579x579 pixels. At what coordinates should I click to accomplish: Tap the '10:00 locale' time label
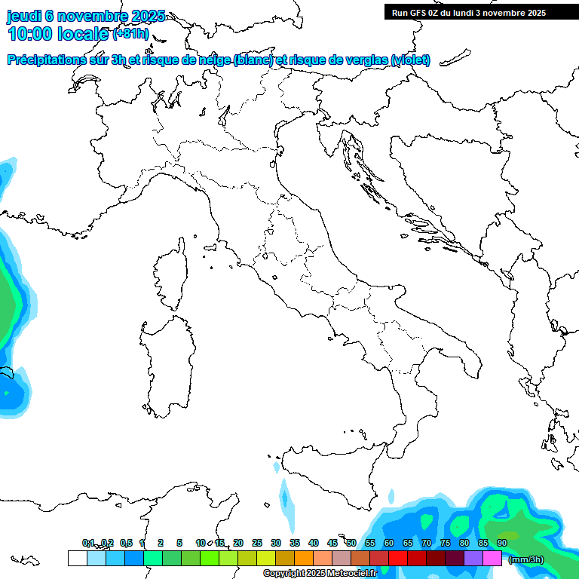59,33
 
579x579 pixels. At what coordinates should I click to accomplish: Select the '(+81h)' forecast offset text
130,34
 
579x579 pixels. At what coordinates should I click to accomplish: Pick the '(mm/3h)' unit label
525,559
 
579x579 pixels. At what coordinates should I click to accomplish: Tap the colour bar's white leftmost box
77,558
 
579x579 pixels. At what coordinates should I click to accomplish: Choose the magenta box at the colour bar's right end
492,558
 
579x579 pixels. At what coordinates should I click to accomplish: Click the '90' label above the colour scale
502,543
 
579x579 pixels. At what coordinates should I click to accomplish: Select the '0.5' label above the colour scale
126,543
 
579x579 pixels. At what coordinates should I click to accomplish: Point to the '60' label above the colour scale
389,543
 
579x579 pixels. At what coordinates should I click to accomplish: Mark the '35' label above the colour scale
295,543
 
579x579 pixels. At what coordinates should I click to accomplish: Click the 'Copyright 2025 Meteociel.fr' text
320,574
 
